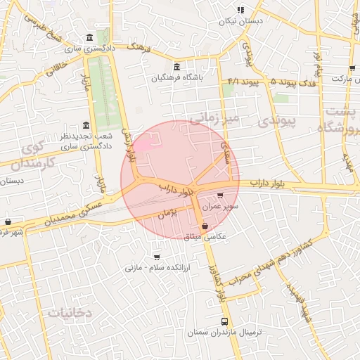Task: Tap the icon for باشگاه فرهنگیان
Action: (176, 66)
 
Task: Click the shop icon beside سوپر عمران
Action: (221, 196)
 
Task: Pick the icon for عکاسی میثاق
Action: (205, 226)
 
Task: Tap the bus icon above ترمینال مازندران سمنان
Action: (234, 321)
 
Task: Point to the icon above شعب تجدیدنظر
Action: (86, 124)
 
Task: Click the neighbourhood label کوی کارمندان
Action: (33, 155)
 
